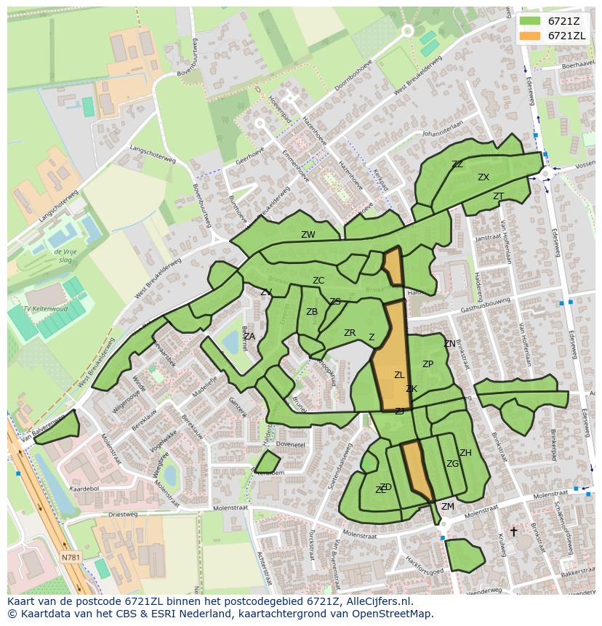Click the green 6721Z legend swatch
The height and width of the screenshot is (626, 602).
(531, 21)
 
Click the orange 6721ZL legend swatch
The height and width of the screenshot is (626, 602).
(531, 36)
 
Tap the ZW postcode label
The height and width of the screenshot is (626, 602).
(308, 235)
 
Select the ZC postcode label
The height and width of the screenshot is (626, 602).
(318, 281)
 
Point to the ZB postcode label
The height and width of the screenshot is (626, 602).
(312, 312)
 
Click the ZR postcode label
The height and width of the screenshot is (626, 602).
(350, 333)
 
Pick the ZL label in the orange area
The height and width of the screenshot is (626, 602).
(399, 375)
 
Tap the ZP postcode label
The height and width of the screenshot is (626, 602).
(428, 364)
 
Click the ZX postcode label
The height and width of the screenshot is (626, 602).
(483, 177)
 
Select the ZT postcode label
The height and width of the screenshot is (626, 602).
(498, 196)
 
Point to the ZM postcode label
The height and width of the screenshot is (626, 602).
(448, 507)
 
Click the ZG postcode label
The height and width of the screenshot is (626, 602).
(452, 464)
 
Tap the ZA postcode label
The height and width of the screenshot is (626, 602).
(249, 337)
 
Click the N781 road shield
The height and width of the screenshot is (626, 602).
(71, 558)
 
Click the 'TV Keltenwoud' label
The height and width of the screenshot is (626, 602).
(45, 309)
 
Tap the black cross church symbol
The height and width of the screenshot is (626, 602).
(513, 531)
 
